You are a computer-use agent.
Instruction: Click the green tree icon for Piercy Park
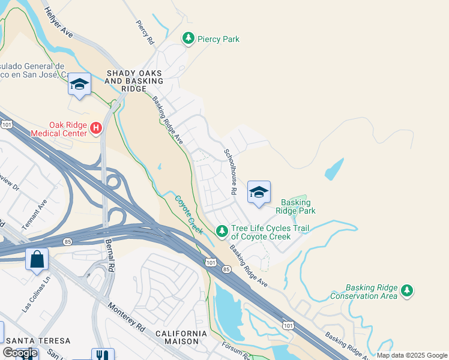pos(188,39)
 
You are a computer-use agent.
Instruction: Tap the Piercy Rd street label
pos(145,32)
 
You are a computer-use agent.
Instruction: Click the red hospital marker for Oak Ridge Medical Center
pos(95,127)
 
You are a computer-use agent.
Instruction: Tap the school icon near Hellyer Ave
pos(79,84)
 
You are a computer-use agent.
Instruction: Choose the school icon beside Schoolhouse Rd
pos(259,193)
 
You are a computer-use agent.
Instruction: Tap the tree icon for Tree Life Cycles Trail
pos(221,231)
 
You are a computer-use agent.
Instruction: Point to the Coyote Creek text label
pos(189,214)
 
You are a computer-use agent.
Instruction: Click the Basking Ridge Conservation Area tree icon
pos(408,290)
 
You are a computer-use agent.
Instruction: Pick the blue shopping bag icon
pos(37,259)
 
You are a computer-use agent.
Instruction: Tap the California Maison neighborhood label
pos(181,337)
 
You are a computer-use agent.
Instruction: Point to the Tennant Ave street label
pos(42,210)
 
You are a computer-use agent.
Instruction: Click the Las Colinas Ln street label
pos(34,296)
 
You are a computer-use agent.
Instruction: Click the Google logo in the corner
pos(20,353)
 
